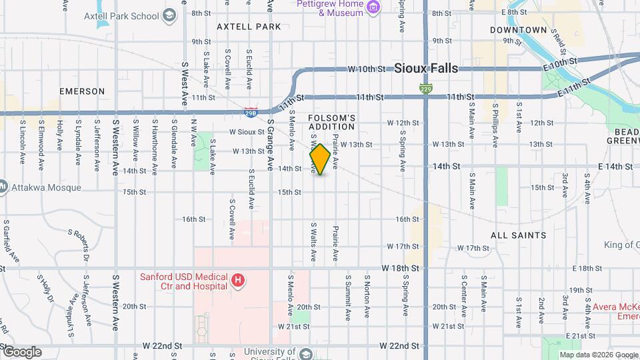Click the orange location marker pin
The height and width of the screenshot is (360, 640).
tap(320, 159)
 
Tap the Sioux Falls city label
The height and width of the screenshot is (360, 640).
tap(426, 68)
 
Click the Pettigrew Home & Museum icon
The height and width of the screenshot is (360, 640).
tap(373, 8)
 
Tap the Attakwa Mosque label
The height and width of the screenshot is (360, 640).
tap(45, 187)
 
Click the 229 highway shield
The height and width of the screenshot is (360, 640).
tap(425, 88)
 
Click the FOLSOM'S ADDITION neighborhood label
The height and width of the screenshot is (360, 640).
tap(331, 122)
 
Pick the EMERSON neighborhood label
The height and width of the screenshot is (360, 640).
tap(82, 91)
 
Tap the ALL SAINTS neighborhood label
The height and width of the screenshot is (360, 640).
tap(518, 235)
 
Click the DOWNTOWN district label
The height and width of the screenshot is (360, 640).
tap(518, 30)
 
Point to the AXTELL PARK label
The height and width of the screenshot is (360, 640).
tap(249, 27)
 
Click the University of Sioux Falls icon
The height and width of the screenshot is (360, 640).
tap(305, 353)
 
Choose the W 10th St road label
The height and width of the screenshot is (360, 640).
tap(367, 69)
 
